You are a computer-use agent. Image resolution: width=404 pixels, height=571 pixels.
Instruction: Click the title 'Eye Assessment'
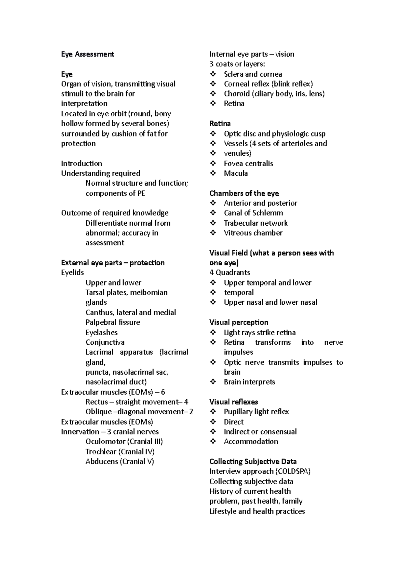pyautogui.click(x=88, y=54)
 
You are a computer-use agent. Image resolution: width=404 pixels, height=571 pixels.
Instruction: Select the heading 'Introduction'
pyautogui.click(x=81, y=163)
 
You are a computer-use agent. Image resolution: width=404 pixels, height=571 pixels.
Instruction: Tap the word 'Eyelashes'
pyautogui.click(x=101, y=332)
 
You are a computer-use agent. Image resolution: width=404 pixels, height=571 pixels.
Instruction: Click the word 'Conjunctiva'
pyautogui.click(x=105, y=342)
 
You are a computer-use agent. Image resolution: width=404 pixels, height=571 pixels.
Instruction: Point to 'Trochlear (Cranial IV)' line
pyautogui.click(x=120, y=451)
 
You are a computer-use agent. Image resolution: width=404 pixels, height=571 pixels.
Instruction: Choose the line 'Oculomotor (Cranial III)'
pyautogui.click(x=124, y=442)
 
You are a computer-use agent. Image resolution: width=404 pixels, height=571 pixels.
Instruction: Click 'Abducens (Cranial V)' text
pyautogui.click(x=120, y=461)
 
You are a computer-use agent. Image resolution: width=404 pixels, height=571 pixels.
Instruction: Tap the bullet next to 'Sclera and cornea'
pyautogui.click(x=213, y=74)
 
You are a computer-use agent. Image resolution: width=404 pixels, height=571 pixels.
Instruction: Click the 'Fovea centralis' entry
pyautogui.click(x=248, y=163)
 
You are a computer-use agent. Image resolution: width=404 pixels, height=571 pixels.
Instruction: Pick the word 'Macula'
pyautogui.click(x=236, y=173)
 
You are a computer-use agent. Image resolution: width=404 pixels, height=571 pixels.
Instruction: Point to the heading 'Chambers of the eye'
pyautogui.click(x=244, y=193)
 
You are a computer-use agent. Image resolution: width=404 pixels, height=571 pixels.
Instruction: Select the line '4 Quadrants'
pyautogui.click(x=230, y=272)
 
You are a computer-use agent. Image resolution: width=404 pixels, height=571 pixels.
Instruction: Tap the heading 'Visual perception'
pyautogui.click(x=239, y=322)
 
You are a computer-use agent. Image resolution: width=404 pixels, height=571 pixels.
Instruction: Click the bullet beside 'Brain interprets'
pyautogui.click(x=213, y=382)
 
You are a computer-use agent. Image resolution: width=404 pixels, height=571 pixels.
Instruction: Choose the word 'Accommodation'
pyautogui.click(x=251, y=442)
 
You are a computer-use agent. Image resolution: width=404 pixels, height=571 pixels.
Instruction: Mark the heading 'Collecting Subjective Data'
pyautogui.click(x=253, y=461)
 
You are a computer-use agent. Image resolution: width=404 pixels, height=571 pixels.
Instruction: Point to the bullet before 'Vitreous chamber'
pyautogui.click(x=213, y=233)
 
